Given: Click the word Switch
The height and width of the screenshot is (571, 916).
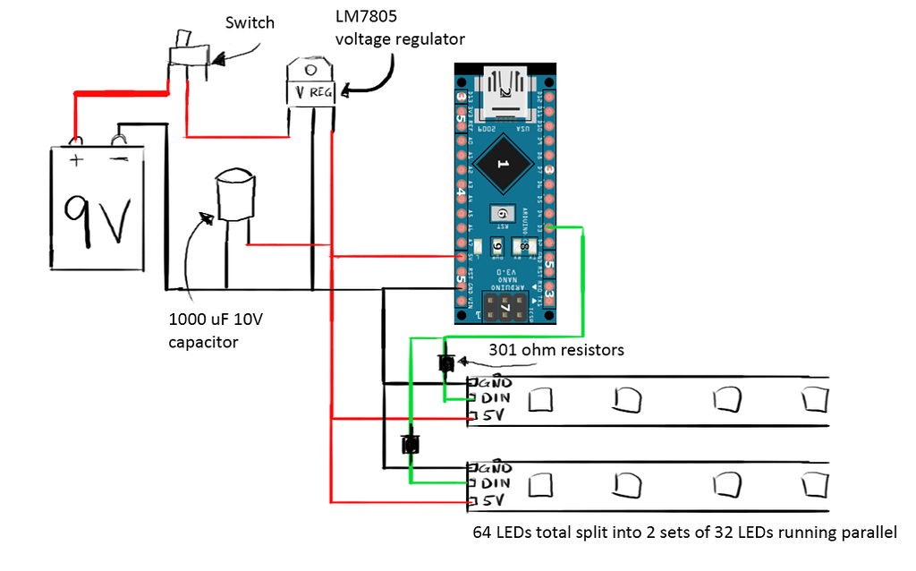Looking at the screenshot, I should tap(250, 21).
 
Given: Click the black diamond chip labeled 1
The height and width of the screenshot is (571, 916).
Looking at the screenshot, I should tap(503, 166).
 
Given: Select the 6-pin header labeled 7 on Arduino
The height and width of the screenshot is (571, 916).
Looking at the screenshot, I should tap(505, 308).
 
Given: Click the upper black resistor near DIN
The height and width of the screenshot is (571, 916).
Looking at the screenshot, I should tap(445, 363).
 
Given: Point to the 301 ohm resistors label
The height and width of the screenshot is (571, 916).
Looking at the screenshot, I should tap(556, 349).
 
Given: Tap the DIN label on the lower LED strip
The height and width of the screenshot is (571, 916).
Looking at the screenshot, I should tap(496, 482).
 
